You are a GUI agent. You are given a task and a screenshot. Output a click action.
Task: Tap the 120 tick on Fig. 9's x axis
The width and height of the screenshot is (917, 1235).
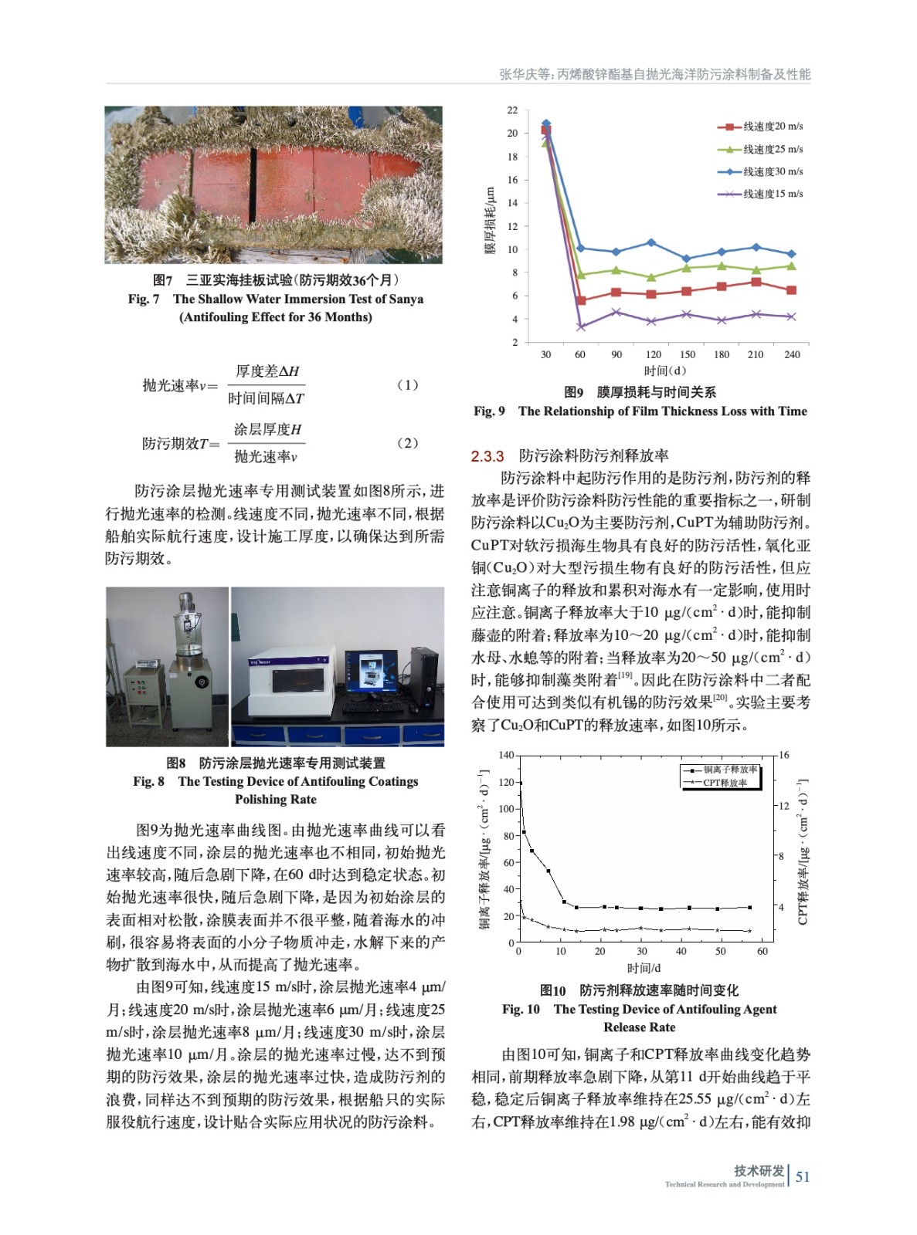[x=654, y=354]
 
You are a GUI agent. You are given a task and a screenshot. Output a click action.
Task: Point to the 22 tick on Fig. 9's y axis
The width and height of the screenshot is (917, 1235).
[x=512, y=110]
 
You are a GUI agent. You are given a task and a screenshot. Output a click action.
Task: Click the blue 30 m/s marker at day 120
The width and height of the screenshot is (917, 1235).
[x=651, y=242]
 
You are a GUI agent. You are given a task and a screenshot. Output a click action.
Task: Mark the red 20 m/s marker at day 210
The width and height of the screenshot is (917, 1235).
[x=756, y=283]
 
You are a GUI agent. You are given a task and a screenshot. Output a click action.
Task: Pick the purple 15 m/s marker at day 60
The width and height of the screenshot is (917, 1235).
[x=581, y=327]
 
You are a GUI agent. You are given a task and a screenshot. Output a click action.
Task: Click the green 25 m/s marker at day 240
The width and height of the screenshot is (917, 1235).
[x=791, y=266]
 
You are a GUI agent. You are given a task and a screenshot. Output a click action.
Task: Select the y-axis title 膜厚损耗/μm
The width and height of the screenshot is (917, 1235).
[x=490, y=221]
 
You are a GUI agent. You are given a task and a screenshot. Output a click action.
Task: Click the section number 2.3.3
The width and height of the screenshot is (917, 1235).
[x=487, y=456]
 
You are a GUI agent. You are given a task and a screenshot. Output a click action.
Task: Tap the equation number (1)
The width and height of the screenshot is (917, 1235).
[x=407, y=384]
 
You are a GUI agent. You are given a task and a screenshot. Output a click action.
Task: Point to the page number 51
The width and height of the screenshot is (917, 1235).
[x=803, y=1176]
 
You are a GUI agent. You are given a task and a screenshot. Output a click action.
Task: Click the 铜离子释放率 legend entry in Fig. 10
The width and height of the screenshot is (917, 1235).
[x=729, y=770]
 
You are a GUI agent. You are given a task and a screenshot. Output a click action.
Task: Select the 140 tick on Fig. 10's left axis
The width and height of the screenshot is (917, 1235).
[x=506, y=755]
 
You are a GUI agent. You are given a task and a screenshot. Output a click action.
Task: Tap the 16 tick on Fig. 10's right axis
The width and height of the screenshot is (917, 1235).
[x=784, y=755]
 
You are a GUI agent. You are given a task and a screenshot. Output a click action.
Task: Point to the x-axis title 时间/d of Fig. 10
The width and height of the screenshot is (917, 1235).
[x=644, y=968]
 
